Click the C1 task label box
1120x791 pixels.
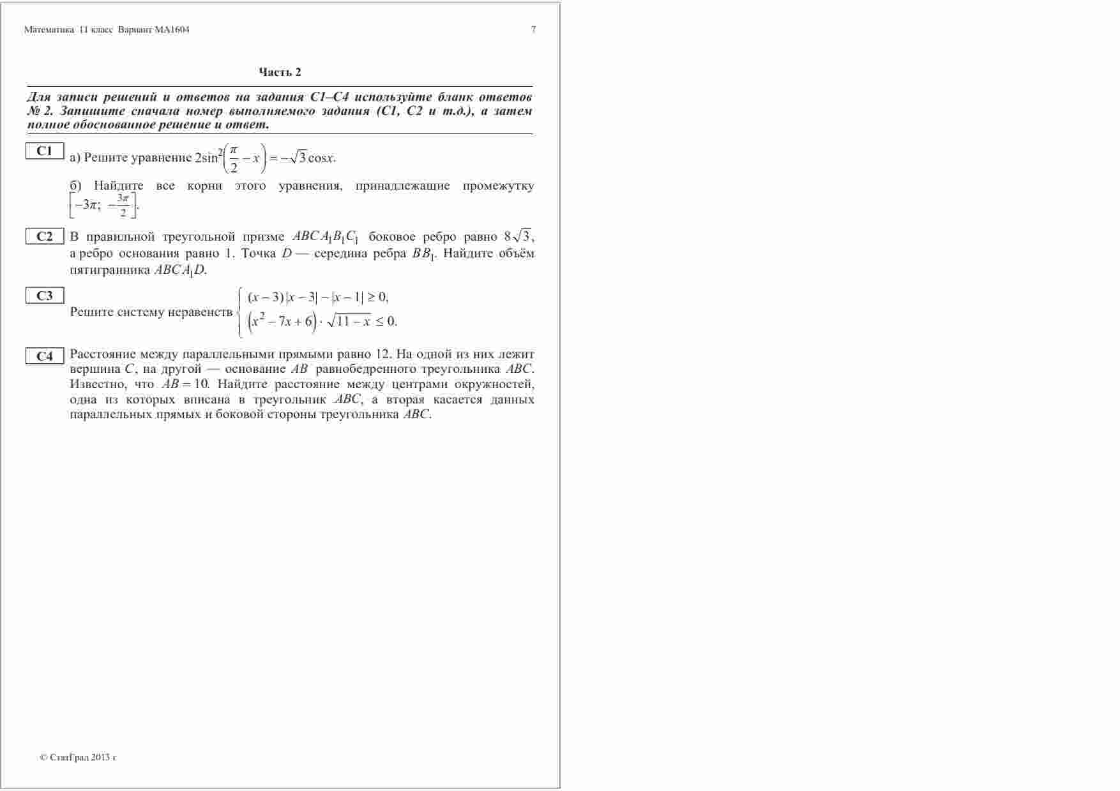45,151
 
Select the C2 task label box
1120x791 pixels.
45,237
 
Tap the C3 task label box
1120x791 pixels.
45,296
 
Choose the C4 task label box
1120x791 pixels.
45,356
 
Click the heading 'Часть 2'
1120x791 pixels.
280,72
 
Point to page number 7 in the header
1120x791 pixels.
533,29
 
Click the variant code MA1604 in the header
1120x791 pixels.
172,29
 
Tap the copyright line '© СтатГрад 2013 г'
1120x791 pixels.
78,758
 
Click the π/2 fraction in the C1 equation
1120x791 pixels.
234,158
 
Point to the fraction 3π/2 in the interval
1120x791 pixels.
123,206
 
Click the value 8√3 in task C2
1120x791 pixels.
518,237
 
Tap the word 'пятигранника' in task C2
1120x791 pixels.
111,269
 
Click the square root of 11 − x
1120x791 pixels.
349,321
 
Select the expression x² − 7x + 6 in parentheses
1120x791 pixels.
282,322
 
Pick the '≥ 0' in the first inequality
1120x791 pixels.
377,297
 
